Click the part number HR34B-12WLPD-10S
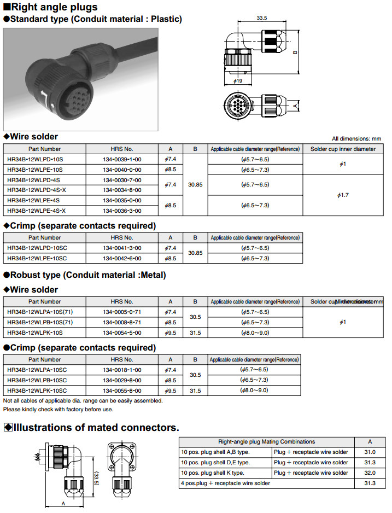pos(35,159)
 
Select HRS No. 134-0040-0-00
pos(122,170)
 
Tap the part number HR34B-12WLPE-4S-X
pos(37,211)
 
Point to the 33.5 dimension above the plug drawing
pos(261,18)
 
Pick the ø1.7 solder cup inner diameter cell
pos(343,195)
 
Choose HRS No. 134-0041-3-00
pos(122,248)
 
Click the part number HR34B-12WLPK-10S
pos(35,333)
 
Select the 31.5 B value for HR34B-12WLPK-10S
pos(195,333)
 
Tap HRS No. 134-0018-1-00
pos(122,370)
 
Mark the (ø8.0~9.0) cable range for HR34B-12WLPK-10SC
pos(255,390)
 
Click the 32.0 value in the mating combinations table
pos(370,473)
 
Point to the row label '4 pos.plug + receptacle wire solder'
pos(225,483)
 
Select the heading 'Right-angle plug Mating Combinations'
pos(266,441)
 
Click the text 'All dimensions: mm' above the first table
pos(356,139)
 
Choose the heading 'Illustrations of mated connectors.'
pos(96,427)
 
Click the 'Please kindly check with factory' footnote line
pos(58,409)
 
